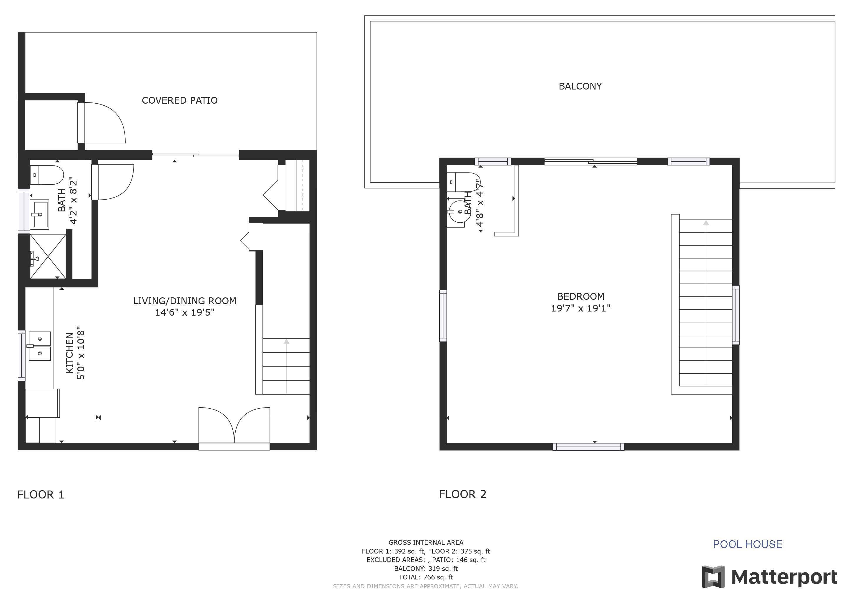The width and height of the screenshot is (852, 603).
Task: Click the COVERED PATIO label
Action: (x=179, y=100)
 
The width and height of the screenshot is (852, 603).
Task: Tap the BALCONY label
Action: (x=580, y=86)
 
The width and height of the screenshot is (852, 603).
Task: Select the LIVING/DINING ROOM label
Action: (x=184, y=301)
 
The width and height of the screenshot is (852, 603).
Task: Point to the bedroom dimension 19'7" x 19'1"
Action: (x=580, y=308)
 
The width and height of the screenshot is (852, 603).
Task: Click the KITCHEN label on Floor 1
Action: (x=69, y=353)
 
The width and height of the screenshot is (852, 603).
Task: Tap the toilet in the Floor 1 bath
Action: (x=47, y=175)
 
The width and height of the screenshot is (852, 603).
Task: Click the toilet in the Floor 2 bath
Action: (x=463, y=182)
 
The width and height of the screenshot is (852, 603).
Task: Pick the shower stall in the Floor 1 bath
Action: (x=48, y=256)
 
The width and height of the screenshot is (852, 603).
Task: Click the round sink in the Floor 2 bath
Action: (x=459, y=212)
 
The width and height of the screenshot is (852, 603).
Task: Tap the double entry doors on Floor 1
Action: (x=234, y=427)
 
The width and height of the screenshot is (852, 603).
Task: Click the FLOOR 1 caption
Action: (x=41, y=495)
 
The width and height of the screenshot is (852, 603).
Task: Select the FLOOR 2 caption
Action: (x=463, y=494)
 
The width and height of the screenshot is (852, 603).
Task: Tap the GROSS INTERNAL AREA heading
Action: (x=426, y=542)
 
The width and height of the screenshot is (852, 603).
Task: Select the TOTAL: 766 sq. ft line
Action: (x=426, y=577)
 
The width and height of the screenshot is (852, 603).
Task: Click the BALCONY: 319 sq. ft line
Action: (x=426, y=569)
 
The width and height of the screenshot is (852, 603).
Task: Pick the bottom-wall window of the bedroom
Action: (x=588, y=447)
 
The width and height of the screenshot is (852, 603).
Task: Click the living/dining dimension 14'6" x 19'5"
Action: (x=185, y=312)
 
